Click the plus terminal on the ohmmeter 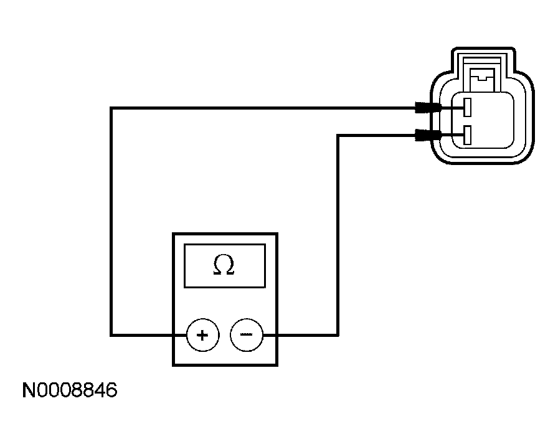coord(202,335)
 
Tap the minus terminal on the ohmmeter coord(246,335)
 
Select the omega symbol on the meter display coord(224,265)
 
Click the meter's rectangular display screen coord(224,266)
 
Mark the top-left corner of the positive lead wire coord(111,108)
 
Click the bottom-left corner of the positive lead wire coord(111,335)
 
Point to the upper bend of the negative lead coord(338,135)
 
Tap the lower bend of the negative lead coord(338,335)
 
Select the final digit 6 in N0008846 coord(111,391)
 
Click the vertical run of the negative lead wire coord(338,237)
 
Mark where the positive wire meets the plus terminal coord(187,335)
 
